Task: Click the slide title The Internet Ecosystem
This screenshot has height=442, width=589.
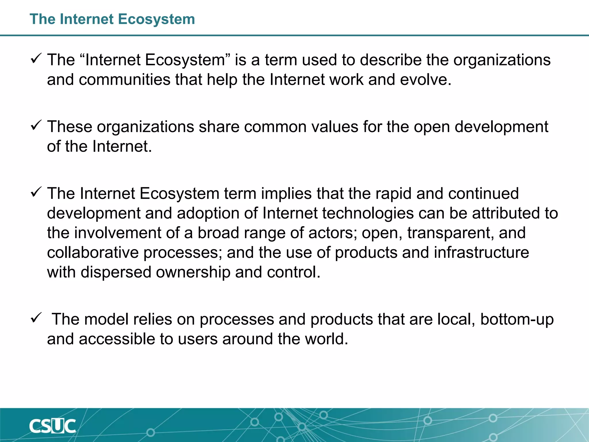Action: click(x=112, y=19)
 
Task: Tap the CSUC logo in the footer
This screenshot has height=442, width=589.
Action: click(x=53, y=426)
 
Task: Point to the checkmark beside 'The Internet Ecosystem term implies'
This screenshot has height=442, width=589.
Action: click(x=36, y=192)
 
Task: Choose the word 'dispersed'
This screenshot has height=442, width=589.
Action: click(x=116, y=272)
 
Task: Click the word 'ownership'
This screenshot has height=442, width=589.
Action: click(x=193, y=272)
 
